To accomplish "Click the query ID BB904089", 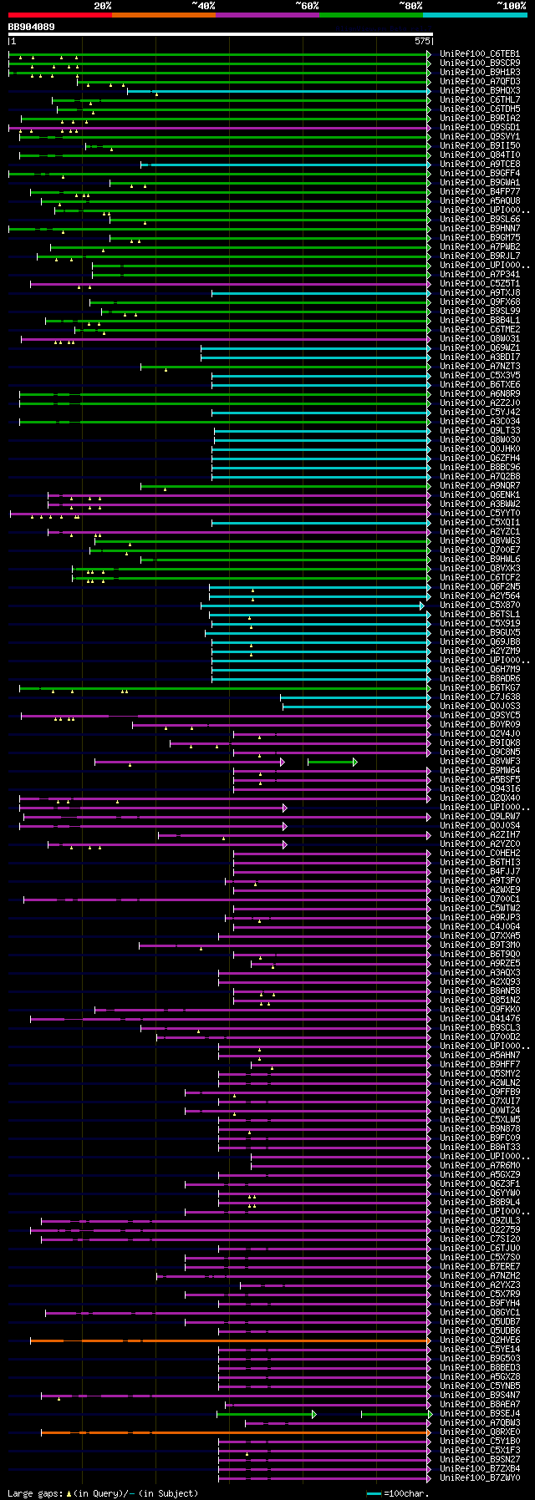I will pos(32,27).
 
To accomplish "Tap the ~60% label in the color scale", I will pos(307,6).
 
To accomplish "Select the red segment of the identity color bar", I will pos(59,14).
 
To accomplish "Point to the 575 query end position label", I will pos(422,40).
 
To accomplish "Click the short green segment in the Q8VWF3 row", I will pos(331,762).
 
